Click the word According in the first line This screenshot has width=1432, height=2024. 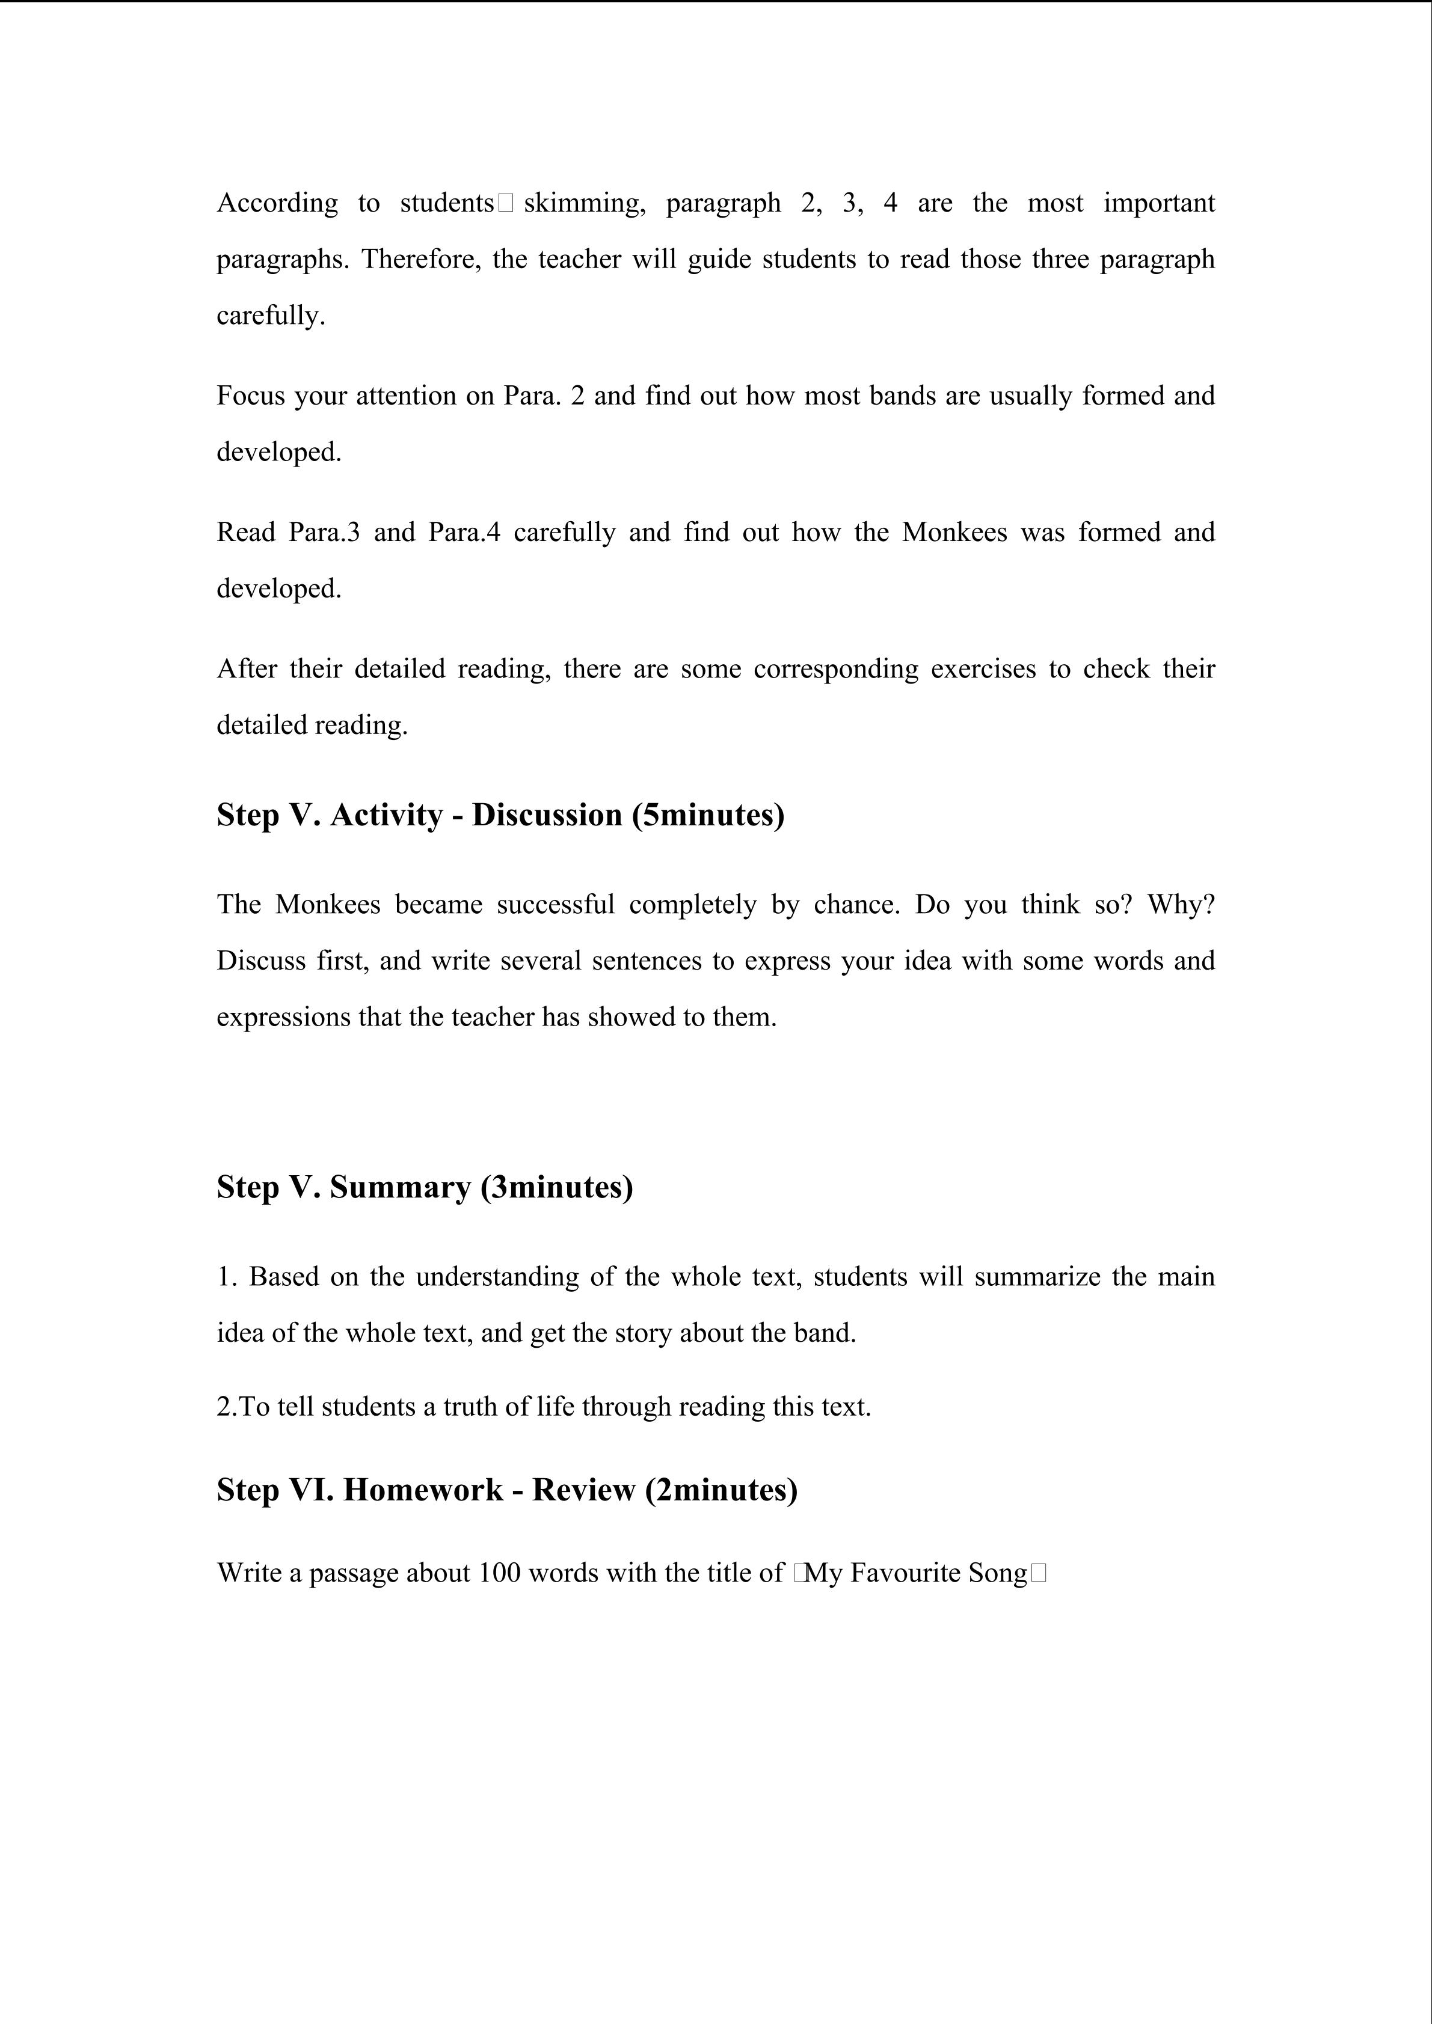tap(277, 204)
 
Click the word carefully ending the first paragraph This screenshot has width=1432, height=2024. tap(270, 316)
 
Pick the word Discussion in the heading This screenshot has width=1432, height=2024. tap(547, 815)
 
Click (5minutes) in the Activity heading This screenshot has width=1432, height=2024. tap(708, 815)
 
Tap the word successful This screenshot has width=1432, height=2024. tap(556, 905)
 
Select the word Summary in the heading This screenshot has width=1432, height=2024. tap(401, 1187)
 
